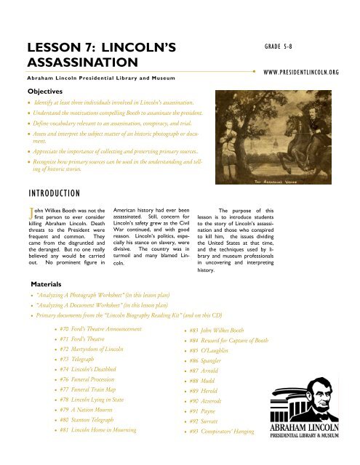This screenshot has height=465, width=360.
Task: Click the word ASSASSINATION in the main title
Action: coord(71,63)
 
